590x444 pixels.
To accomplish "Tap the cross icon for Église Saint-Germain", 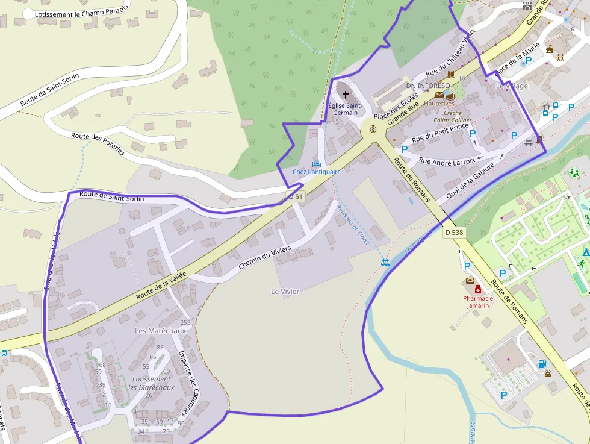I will [x=345, y=95].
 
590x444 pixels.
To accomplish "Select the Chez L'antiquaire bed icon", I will [x=316, y=163].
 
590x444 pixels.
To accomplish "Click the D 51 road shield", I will [x=296, y=196].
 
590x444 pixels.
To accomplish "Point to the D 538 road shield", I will [x=454, y=232].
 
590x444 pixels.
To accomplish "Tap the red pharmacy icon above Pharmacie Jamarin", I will [x=477, y=289].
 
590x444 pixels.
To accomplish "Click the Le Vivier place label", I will [x=285, y=292].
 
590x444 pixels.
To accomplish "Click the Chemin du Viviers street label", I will [x=264, y=257].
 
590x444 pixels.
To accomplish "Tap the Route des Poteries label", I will [x=98, y=144].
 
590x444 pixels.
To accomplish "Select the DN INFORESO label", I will [x=428, y=86].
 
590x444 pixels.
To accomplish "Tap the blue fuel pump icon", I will [x=541, y=364].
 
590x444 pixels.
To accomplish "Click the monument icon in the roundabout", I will [x=373, y=128].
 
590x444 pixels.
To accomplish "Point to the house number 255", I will [x=185, y=323].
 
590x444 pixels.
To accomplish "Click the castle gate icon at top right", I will [x=528, y=5].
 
